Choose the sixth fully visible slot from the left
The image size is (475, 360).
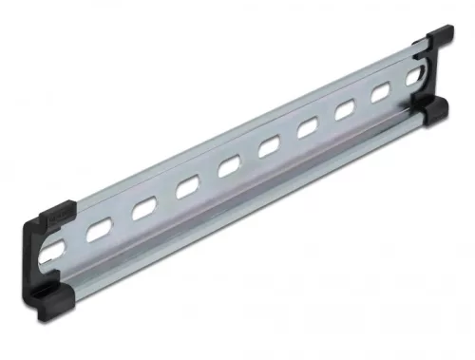(310, 128)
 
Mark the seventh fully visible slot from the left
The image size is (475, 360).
(347, 111)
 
